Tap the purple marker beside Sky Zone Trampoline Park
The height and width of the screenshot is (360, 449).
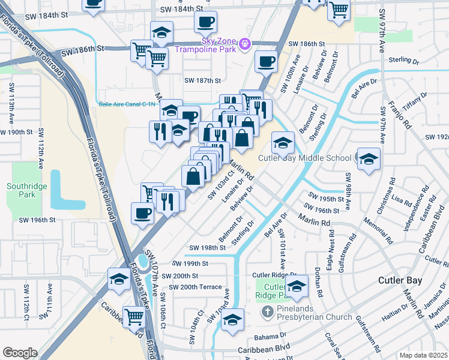(244, 44)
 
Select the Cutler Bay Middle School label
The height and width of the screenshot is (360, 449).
(304, 158)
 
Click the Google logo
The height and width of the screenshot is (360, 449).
(20, 352)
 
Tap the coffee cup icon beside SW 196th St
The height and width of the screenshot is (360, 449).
(143, 213)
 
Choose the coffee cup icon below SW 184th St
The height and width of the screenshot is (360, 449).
(205, 22)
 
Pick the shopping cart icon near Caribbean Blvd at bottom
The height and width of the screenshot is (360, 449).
(133, 316)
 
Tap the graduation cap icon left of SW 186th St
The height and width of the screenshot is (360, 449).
(161, 33)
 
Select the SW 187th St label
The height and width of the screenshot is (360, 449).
(202, 80)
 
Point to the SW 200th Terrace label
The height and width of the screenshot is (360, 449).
(195, 287)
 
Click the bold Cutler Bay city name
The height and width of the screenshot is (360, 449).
(400, 280)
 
